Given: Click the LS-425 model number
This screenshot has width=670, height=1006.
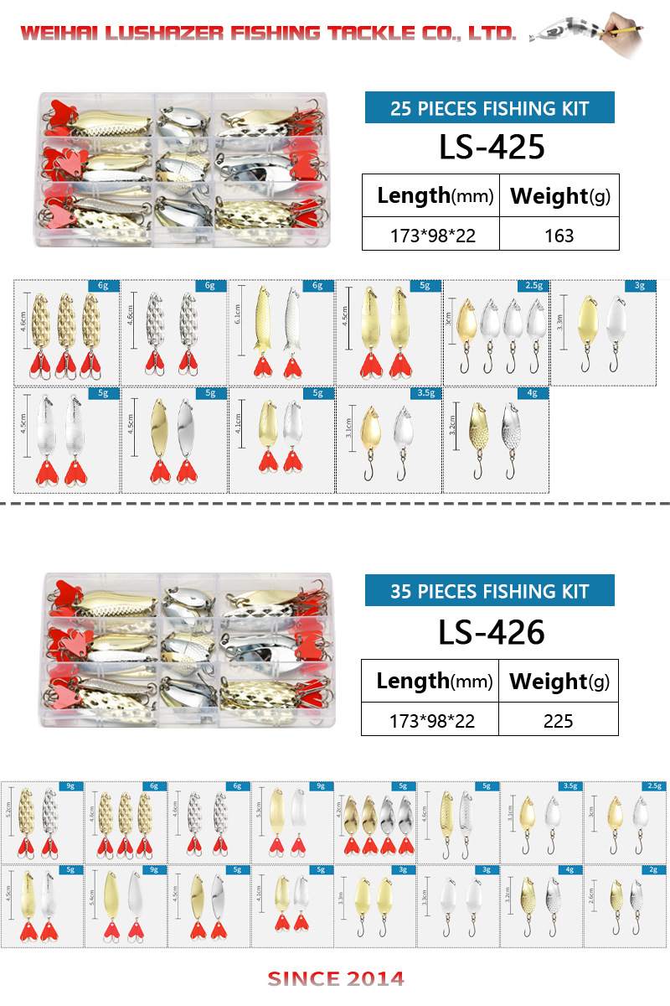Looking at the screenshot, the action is coord(492,147).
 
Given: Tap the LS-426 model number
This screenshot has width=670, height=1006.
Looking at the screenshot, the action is coord(492,631).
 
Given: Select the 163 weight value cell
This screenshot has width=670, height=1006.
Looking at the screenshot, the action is coord(559,236).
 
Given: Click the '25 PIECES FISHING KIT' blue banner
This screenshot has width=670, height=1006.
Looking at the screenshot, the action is coord(490,108).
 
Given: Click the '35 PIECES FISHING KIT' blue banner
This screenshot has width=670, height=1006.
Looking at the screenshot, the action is coord(490,591).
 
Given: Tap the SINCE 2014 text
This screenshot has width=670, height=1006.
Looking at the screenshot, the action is coord(336,978).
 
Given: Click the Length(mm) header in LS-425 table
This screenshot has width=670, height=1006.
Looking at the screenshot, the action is coord(430,197).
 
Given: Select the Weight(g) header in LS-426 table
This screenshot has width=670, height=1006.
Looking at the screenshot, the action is coord(559,682).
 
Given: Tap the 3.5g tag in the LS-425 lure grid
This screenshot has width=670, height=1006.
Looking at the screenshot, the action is coord(425,392).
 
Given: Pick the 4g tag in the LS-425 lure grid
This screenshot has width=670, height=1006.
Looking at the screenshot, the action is coord(533,392).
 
